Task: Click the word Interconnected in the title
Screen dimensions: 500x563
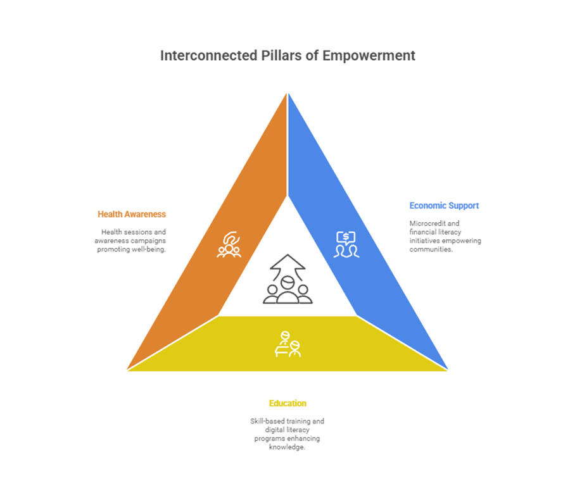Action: pyautogui.click(x=198, y=56)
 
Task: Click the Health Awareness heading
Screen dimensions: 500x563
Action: pyautogui.click(x=132, y=214)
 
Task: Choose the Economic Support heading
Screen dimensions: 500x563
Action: pyautogui.click(x=444, y=206)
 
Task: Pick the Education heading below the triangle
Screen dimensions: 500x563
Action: pyautogui.click(x=287, y=403)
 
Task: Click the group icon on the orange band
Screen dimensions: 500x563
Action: pyautogui.click(x=229, y=244)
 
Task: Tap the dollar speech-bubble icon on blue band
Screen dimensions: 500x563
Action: pyautogui.click(x=346, y=244)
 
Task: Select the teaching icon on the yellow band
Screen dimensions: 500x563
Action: pyautogui.click(x=287, y=344)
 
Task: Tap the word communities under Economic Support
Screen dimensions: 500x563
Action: pyautogui.click(x=431, y=249)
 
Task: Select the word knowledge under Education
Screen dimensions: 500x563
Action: pyautogui.click(x=287, y=447)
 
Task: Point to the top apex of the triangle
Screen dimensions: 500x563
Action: pyautogui.click(x=288, y=91)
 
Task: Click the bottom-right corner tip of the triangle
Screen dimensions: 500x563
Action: pyautogui.click(x=450, y=371)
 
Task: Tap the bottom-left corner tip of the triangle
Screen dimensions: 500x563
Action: pyautogui.click(x=125, y=371)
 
